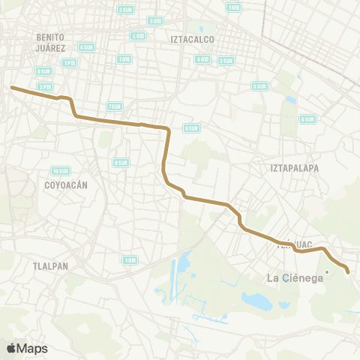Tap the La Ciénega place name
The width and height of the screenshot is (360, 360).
tap(295, 278)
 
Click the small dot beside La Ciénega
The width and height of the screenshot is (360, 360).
tap(328, 271)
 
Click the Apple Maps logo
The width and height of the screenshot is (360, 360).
tap(27, 348)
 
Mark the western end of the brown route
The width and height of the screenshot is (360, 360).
tap(11, 88)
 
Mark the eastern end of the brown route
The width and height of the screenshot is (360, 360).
tap(348, 271)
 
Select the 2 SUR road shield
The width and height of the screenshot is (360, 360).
tap(124, 10)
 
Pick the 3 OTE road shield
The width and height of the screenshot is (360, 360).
tap(155, 21)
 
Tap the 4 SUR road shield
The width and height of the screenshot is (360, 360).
tap(86, 46)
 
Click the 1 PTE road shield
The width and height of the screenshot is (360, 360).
tap(70, 63)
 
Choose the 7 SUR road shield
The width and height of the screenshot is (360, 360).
tap(115, 106)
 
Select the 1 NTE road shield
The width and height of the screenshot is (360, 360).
tap(234, 7)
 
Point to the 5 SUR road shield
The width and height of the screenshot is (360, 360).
tap(259, 86)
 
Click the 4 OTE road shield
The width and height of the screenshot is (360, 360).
tap(202, 58)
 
